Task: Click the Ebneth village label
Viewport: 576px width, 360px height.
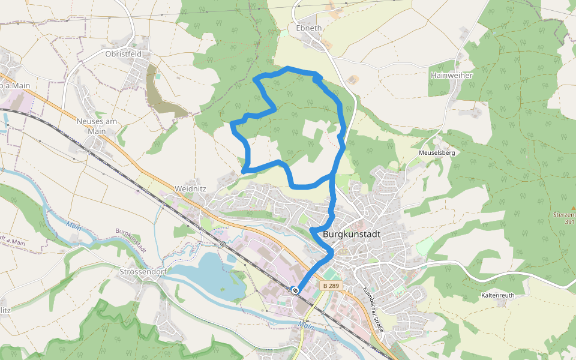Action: coord(309,28)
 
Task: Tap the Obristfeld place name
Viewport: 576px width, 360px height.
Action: coord(123,53)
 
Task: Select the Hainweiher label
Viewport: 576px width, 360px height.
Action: coord(452,76)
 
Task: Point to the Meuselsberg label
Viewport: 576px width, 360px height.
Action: coord(437,153)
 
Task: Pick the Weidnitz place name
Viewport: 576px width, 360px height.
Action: coord(190,188)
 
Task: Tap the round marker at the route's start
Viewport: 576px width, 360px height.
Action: coord(295,290)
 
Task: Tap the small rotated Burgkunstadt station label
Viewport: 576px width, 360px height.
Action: coord(131,241)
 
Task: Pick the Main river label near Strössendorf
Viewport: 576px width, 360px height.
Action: coord(74,226)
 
